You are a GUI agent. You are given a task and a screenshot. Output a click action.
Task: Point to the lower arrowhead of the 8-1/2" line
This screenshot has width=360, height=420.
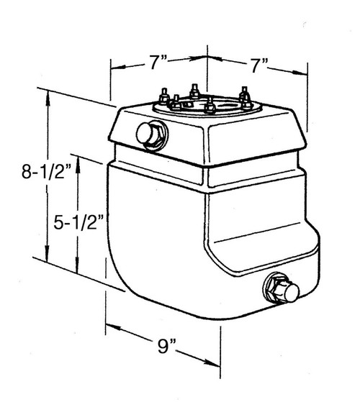pyautogui.click(x=49, y=259)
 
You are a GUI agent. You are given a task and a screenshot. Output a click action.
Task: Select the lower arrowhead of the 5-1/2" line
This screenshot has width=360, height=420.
pyautogui.click(x=78, y=270)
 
